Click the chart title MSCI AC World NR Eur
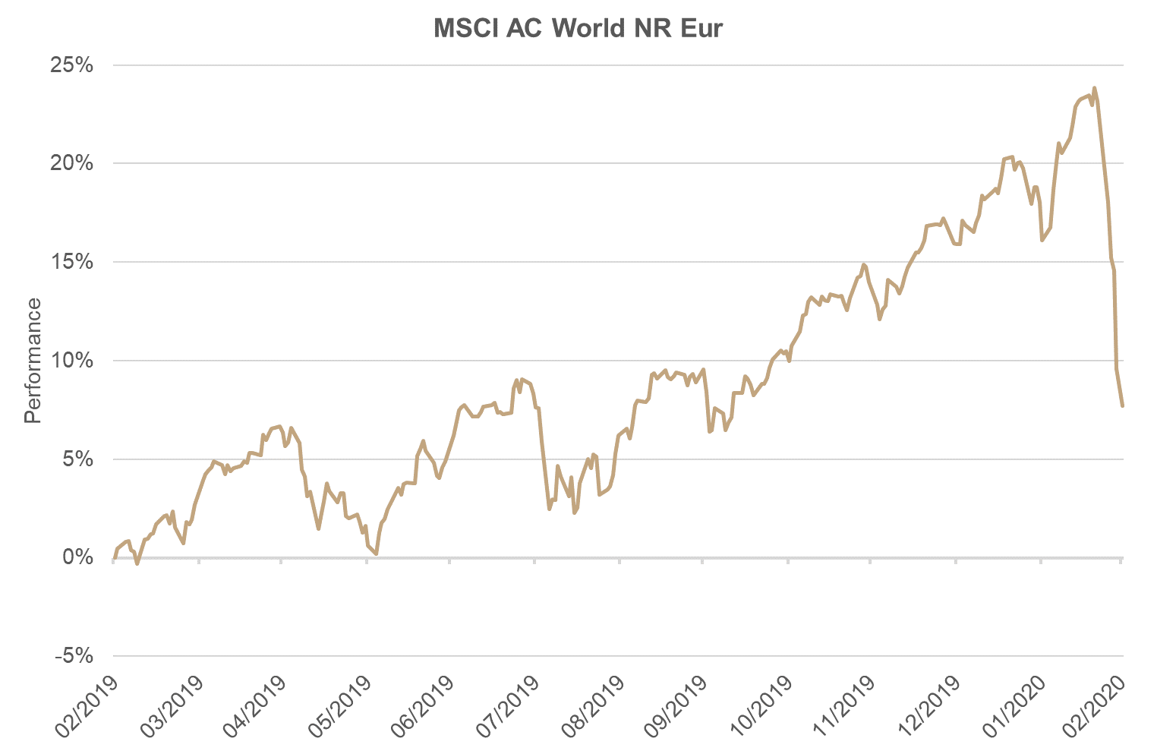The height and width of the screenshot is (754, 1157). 578,29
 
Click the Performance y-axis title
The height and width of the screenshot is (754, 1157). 33,360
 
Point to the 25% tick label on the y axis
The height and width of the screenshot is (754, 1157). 71,65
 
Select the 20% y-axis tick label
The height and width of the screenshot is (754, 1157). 71,163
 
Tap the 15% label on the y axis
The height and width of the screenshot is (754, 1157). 71,262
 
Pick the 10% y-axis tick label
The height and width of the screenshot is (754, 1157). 71,361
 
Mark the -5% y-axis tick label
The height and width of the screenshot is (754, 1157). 74,656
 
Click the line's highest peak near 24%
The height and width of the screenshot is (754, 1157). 1094,88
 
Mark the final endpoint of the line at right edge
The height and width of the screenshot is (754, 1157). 1122,405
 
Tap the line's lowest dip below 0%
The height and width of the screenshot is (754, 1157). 137,564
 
